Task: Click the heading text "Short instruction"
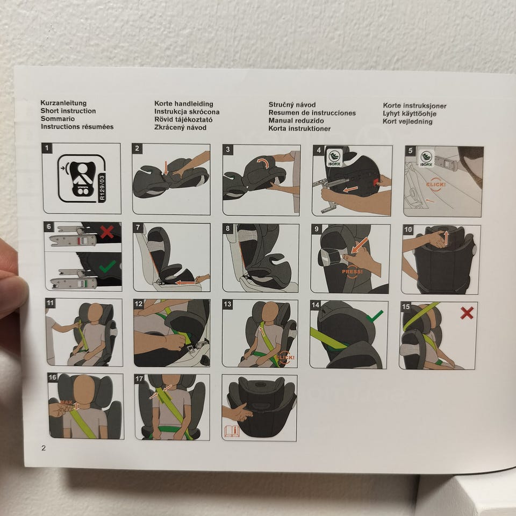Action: [x=68, y=111]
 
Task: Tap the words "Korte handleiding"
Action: [x=184, y=104]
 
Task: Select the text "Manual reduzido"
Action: [x=296, y=121]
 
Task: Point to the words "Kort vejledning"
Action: [x=407, y=121]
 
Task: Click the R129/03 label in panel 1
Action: [x=102, y=188]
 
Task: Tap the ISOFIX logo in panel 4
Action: [x=334, y=157]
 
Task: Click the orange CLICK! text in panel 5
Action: [x=436, y=184]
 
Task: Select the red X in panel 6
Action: [x=107, y=232]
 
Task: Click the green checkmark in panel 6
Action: [x=107, y=266]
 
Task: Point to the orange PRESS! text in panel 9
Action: [x=352, y=272]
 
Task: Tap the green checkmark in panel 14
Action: [x=375, y=316]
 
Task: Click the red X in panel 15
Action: [x=467, y=313]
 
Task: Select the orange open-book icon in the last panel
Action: [x=232, y=431]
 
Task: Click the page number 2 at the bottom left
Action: [x=44, y=448]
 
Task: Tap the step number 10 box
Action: [x=408, y=230]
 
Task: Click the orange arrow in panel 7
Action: [x=185, y=282]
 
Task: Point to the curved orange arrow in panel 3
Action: [x=263, y=162]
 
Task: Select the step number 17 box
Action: [x=139, y=379]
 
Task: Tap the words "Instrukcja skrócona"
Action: [x=187, y=112]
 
